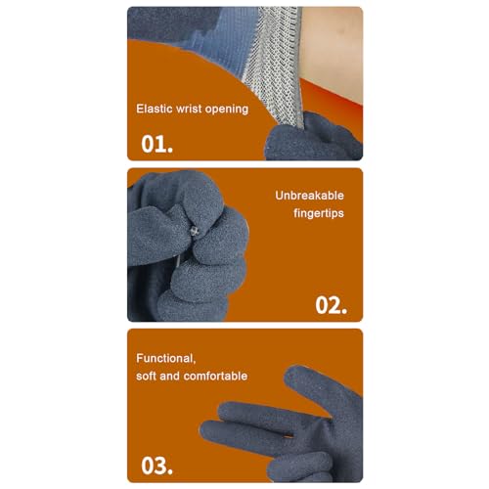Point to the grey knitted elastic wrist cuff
[264, 68]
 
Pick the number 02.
[331, 304]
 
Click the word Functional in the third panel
[168, 358]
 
